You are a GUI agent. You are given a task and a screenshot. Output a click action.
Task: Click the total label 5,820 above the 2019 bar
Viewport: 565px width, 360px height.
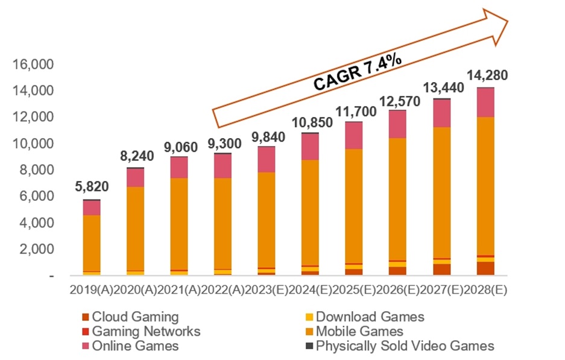(x=92, y=188)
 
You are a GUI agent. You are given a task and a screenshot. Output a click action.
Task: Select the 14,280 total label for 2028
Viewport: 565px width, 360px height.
(x=487, y=76)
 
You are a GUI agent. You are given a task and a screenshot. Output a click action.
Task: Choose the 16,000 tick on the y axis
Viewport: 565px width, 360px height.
(x=37, y=64)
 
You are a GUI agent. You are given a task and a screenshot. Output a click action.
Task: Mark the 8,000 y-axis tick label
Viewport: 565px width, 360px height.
(x=41, y=170)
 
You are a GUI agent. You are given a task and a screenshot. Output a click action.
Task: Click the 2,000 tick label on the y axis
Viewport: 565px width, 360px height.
(x=41, y=249)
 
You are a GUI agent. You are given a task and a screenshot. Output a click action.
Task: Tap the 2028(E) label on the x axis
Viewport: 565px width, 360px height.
(x=487, y=289)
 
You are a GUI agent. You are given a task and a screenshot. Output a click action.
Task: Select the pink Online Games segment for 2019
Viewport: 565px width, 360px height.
(x=92, y=208)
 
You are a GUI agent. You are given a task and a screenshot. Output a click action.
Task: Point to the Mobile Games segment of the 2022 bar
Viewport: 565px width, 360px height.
(x=223, y=223)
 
